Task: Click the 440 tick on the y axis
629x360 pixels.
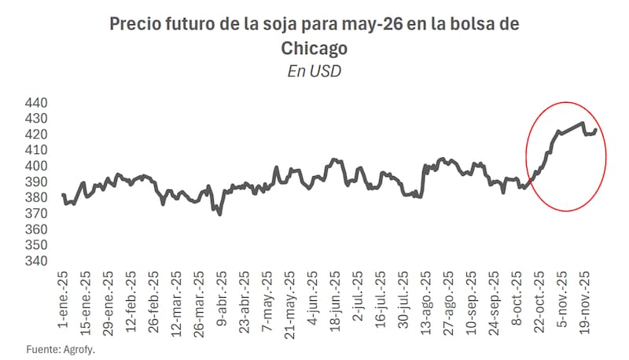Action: point(38,103)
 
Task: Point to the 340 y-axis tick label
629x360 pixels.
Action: point(38,261)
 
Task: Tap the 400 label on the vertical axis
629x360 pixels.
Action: point(38,166)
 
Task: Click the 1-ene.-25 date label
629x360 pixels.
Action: point(63,299)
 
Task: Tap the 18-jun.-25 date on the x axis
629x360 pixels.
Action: point(335,300)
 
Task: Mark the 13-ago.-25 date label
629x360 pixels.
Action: point(425,300)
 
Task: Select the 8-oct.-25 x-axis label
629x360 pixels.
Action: point(517,299)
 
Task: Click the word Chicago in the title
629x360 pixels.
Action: point(314,48)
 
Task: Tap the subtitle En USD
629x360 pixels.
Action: point(314,72)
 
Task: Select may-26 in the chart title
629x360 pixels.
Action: point(375,24)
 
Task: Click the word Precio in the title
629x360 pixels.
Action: point(135,24)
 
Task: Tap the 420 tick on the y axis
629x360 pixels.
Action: point(38,134)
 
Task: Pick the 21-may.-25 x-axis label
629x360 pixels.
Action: point(289,300)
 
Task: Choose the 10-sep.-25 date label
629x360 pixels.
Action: point(471,300)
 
